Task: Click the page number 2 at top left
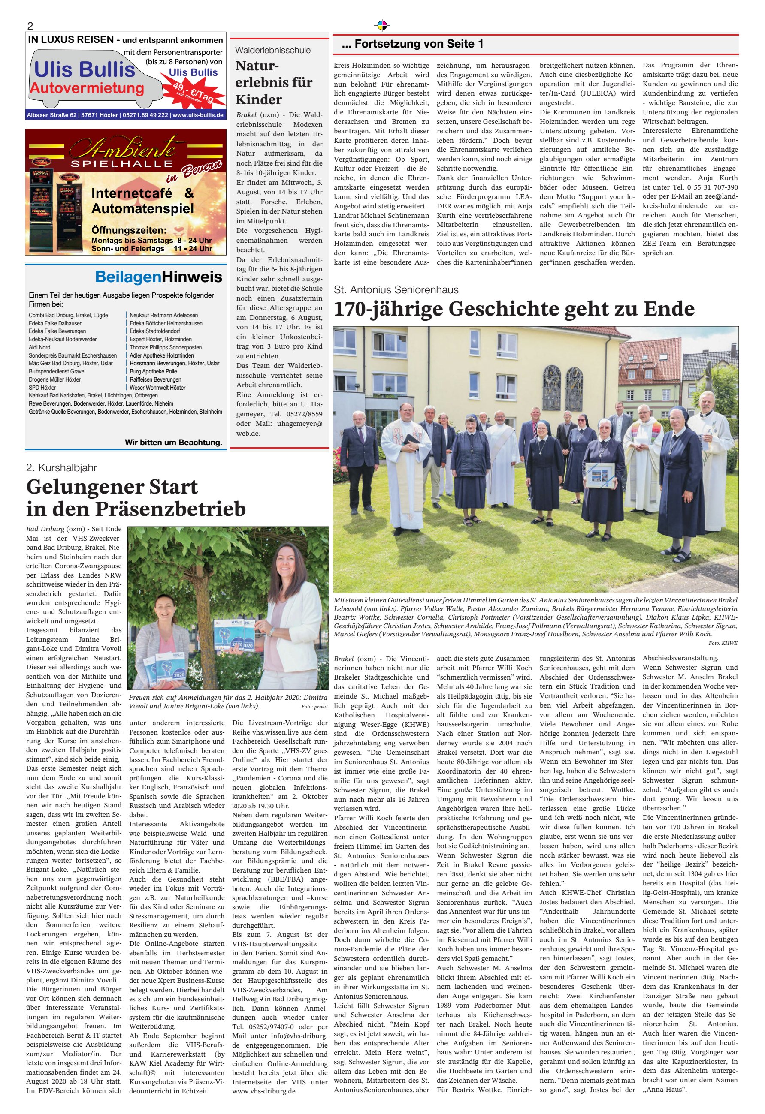(30, 26)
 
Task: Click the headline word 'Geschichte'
(496, 309)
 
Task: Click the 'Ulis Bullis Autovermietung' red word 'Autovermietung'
(87, 88)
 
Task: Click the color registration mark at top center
(382, 25)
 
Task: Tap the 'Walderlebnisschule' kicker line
(272, 50)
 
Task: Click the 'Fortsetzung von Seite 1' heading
(412, 44)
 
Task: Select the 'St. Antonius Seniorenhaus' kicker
(396, 289)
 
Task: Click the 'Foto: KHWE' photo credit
(723, 643)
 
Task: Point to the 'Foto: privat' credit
(314, 707)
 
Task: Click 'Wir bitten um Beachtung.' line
(173, 442)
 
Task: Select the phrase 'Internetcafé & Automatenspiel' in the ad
(142, 201)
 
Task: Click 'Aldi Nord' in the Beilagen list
(39, 347)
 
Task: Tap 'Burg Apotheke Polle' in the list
(153, 371)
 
